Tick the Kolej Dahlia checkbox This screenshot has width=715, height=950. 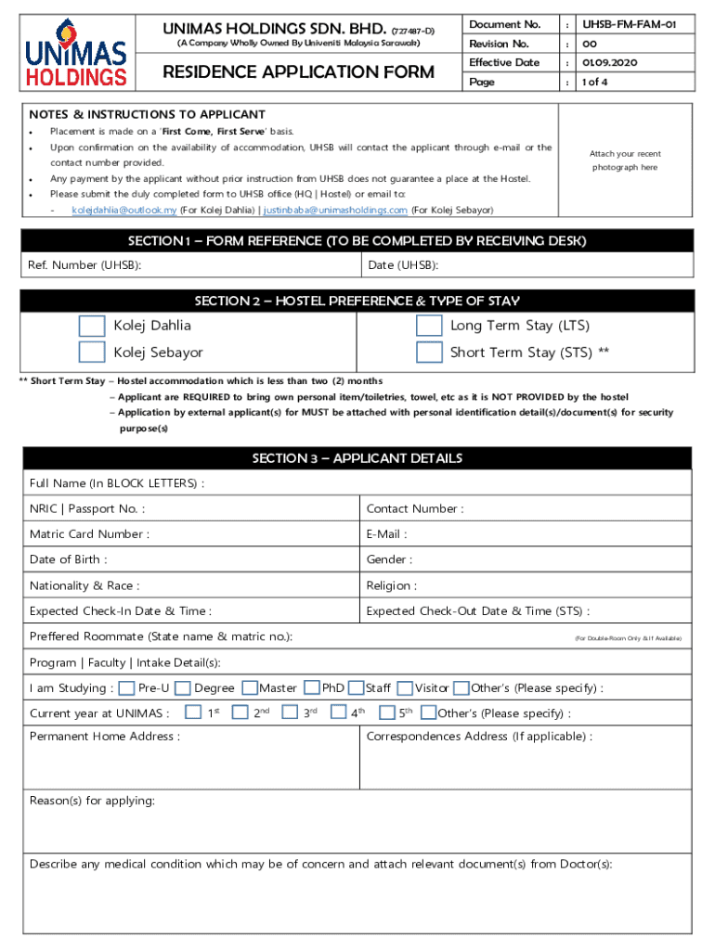click(x=92, y=326)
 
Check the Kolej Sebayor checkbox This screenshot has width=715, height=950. click(x=92, y=352)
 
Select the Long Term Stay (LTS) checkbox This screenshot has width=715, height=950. click(x=429, y=326)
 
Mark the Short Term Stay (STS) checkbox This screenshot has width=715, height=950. click(x=429, y=352)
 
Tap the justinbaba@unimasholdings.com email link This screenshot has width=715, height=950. click(x=335, y=211)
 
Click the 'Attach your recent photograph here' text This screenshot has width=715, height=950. click(x=625, y=160)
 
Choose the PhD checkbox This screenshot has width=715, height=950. click(x=311, y=688)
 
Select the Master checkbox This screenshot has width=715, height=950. click(x=250, y=688)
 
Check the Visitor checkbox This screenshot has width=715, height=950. click(x=405, y=688)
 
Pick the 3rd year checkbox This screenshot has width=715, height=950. click(x=290, y=712)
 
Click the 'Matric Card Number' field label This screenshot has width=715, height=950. click(x=89, y=534)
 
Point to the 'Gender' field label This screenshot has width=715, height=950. click(x=389, y=559)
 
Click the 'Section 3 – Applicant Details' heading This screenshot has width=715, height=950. click(x=357, y=458)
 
